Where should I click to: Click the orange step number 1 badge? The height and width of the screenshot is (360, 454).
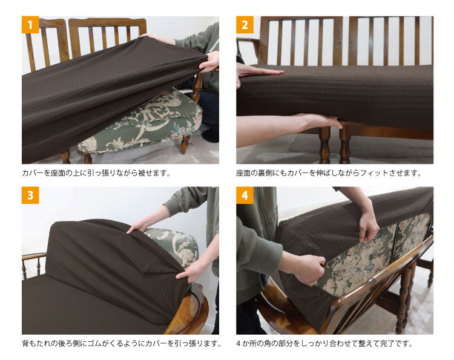pos(30,25)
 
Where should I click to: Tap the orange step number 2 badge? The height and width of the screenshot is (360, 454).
pos(245,25)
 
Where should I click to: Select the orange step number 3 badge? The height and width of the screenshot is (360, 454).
pos(30,195)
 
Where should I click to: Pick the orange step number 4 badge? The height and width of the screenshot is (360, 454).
pos(245,195)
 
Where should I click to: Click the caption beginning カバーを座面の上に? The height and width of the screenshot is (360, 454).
pos(96,173)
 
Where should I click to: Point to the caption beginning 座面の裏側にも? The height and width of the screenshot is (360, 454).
pos(328,173)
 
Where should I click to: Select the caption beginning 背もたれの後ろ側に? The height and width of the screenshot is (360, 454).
pos(120,344)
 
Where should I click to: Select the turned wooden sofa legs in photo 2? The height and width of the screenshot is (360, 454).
pos(333,145)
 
